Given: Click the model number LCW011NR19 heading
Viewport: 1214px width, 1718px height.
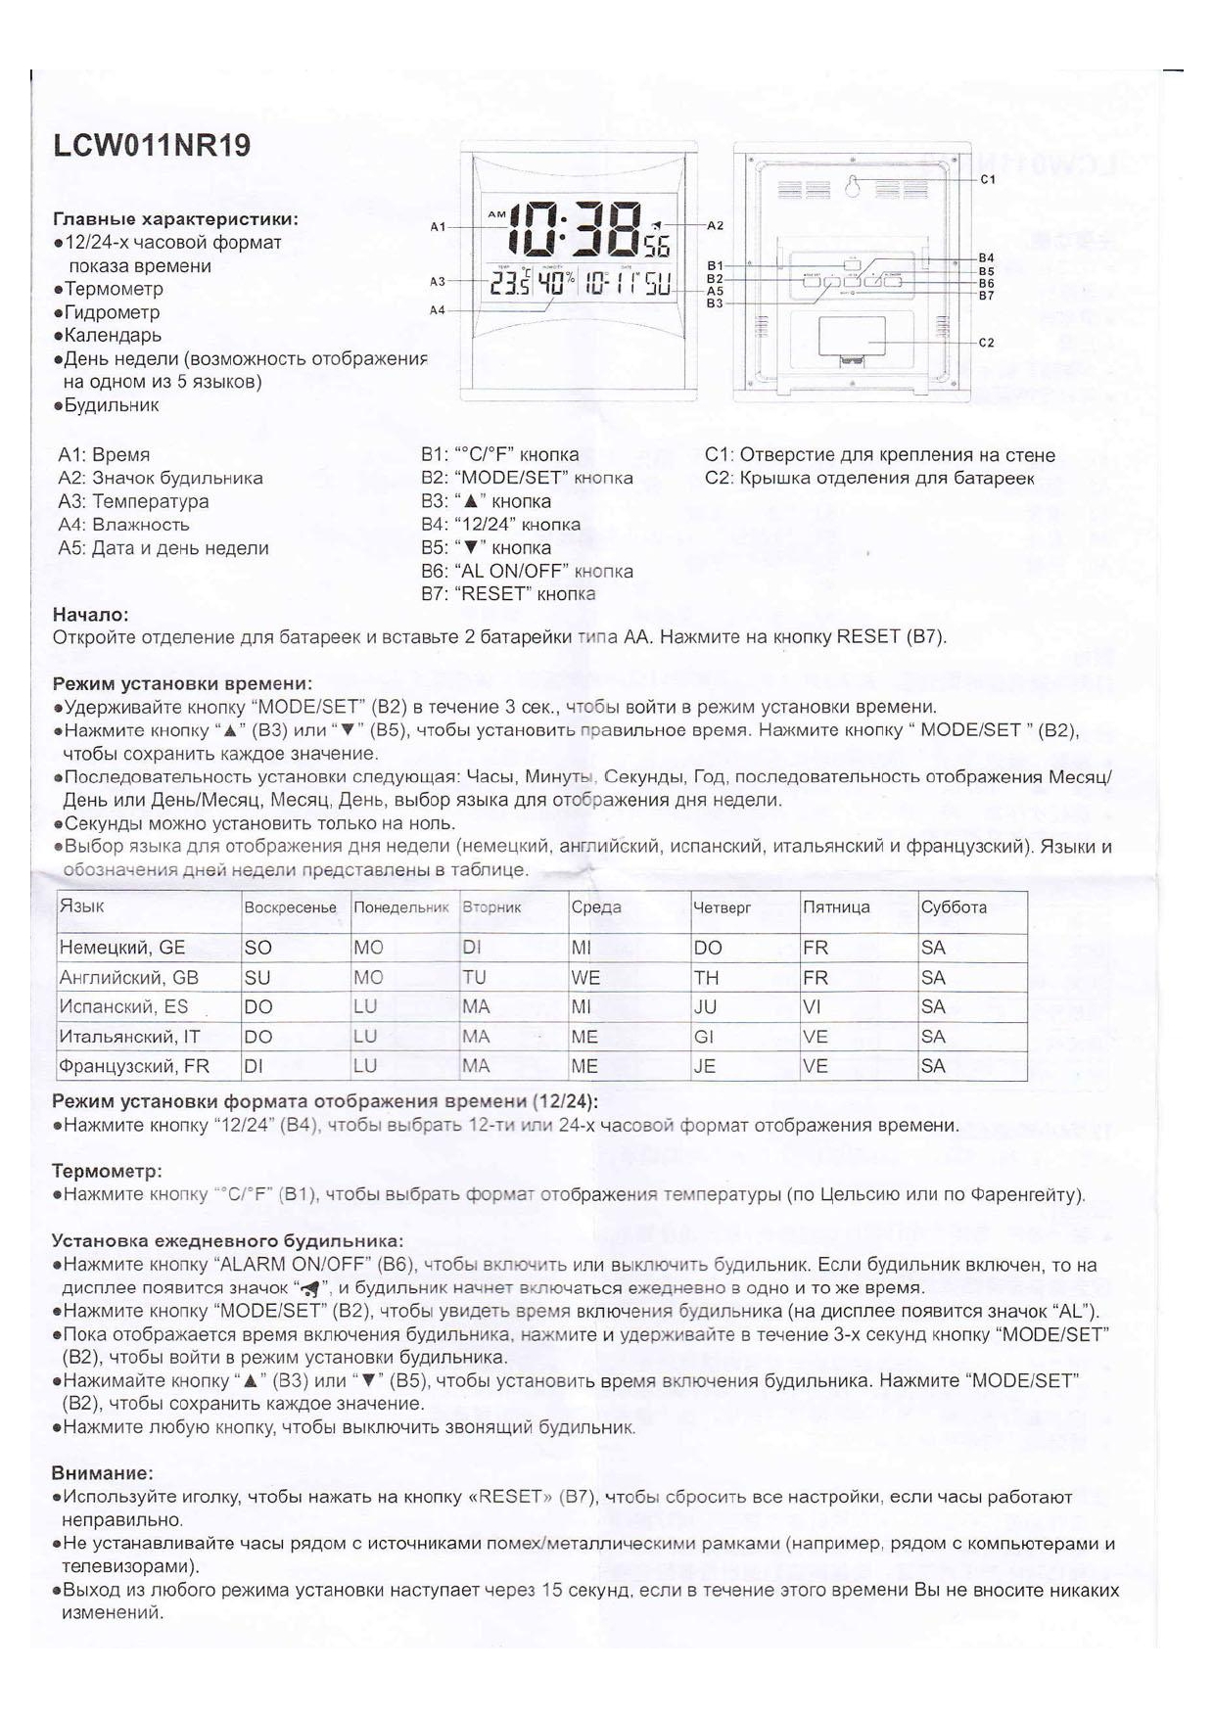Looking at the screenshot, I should click(x=152, y=146).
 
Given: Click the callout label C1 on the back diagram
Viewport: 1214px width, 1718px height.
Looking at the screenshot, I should click(x=987, y=179).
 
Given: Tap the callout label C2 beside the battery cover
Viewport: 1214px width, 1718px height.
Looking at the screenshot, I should click(x=987, y=343).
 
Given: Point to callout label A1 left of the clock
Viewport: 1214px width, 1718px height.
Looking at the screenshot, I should click(x=438, y=227).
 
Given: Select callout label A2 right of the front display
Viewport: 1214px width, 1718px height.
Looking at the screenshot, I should click(x=715, y=225).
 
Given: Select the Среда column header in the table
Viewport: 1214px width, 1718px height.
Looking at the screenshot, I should click(x=596, y=907).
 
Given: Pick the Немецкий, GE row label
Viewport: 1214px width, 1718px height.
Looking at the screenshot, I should click(x=122, y=948).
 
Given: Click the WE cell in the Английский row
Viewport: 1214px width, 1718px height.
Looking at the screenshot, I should click(x=585, y=978).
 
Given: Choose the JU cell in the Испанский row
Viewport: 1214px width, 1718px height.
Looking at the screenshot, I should click(x=705, y=1007).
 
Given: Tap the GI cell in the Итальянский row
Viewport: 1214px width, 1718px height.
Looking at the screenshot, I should click(x=704, y=1037).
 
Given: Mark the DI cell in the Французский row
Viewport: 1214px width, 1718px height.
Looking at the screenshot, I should click(x=254, y=1066).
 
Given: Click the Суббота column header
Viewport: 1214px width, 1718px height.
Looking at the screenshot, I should click(x=954, y=907).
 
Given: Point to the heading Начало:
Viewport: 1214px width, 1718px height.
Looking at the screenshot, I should click(x=90, y=615).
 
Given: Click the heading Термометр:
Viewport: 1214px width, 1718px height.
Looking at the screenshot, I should click(x=107, y=1171).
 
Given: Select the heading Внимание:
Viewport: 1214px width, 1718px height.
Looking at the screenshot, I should click(x=102, y=1473).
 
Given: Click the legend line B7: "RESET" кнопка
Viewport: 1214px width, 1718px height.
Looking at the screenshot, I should click(x=508, y=594).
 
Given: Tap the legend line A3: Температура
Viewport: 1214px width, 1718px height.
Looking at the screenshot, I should click(x=133, y=501).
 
